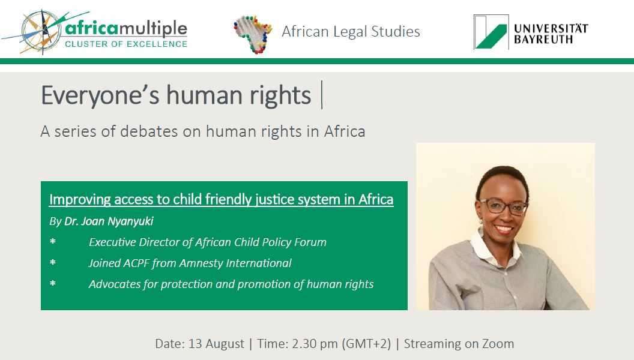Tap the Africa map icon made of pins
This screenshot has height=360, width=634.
252,34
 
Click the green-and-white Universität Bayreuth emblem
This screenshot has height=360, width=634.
491,32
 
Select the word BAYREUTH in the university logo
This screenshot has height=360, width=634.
543,39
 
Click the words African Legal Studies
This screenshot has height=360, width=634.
351,32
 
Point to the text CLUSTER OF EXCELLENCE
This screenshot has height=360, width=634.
126,44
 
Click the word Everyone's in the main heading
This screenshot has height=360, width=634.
100,96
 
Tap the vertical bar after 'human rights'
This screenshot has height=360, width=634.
322,95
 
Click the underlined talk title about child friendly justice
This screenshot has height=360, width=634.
221,199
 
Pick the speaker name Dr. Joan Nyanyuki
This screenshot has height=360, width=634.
109,221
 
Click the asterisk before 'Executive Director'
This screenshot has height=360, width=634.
53,242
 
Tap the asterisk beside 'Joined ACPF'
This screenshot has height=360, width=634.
53,263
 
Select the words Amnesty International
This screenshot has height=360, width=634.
235,263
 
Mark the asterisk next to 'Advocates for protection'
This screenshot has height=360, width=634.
53,284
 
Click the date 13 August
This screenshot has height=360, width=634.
216,344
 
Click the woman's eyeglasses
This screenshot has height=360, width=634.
503,206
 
